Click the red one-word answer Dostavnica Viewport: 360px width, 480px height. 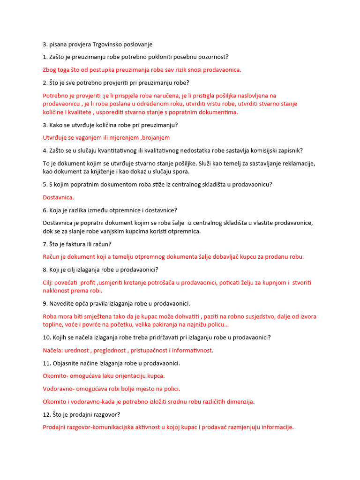59,197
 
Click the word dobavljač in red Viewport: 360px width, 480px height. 240,256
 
